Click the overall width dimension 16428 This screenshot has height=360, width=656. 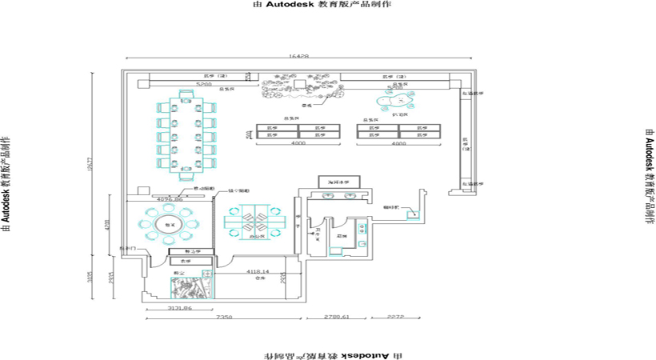click(298, 57)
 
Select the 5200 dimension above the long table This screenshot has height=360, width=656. click(203, 82)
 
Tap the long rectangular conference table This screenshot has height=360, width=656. click(186, 134)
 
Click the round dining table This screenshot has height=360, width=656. click(169, 226)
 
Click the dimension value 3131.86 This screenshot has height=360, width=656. click(177, 307)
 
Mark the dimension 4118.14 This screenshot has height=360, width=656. click(257, 272)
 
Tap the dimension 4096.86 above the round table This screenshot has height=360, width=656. click(170, 198)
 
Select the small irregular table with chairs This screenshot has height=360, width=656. click(394, 101)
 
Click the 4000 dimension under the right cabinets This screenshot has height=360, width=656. click(398, 143)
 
